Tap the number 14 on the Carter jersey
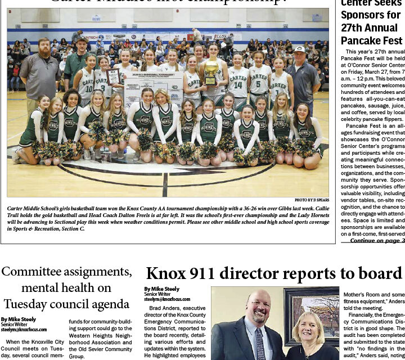pyautogui.click(x=238, y=85)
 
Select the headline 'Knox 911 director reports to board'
pyautogui.click(x=274, y=273)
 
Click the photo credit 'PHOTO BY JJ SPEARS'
pyautogui.click(x=311, y=200)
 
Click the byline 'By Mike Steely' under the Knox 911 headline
pyautogui.click(x=162, y=289)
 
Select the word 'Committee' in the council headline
pyautogui.click(x=35, y=272)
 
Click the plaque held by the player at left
pyautogui.click(x=113, y=76)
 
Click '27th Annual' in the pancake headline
pyautogui.click(x=369, y=28)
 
